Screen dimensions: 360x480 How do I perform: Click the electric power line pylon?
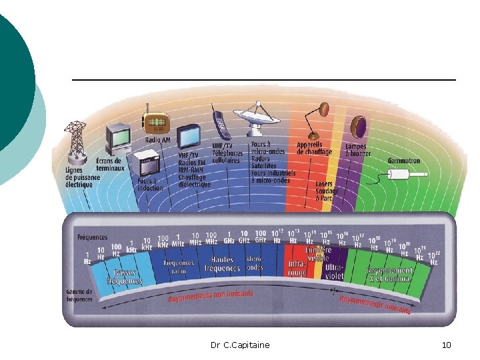(76, 143)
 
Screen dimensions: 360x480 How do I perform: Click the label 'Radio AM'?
(159, 140)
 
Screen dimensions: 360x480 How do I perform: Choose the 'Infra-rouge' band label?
(297, 269)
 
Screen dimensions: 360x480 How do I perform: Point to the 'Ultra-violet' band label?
(335, 271)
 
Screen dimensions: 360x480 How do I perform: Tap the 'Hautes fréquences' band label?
(222, 264)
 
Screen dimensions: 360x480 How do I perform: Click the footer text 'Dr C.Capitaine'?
(240, 345)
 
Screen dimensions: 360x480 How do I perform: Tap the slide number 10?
(446, 345)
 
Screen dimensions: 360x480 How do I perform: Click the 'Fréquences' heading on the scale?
(91, 237)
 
